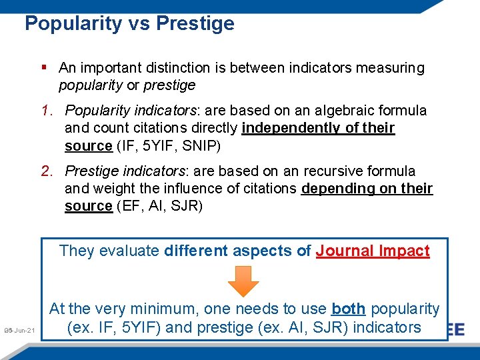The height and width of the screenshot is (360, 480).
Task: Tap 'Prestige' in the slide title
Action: pos(195,23)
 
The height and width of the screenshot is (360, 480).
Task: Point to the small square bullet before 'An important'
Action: pos(43,67)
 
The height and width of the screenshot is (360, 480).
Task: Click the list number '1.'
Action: pos(49,111)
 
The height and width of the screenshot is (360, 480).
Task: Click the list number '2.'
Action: pos(49,171)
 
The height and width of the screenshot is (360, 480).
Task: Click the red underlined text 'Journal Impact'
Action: pos(373,251)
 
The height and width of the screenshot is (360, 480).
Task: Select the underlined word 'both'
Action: pos(349,309)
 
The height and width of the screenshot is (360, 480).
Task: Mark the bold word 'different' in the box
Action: pos(196,251)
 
